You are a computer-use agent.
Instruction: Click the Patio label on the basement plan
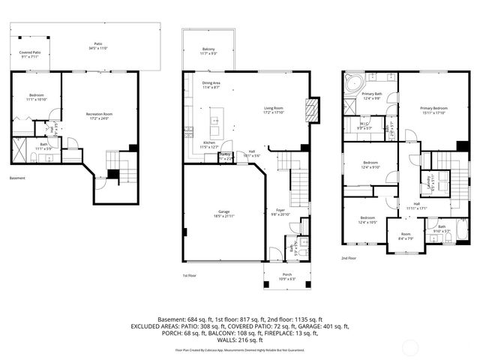[97, 46]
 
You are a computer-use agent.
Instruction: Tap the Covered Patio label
[31, 54]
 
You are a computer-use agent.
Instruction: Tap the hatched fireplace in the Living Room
[313, 112]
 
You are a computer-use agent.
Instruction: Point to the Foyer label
[280, 213]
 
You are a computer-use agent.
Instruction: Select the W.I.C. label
[365, 126]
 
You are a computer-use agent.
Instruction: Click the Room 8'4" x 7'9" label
[406, 237]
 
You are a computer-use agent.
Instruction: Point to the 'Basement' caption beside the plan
[17, 178]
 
